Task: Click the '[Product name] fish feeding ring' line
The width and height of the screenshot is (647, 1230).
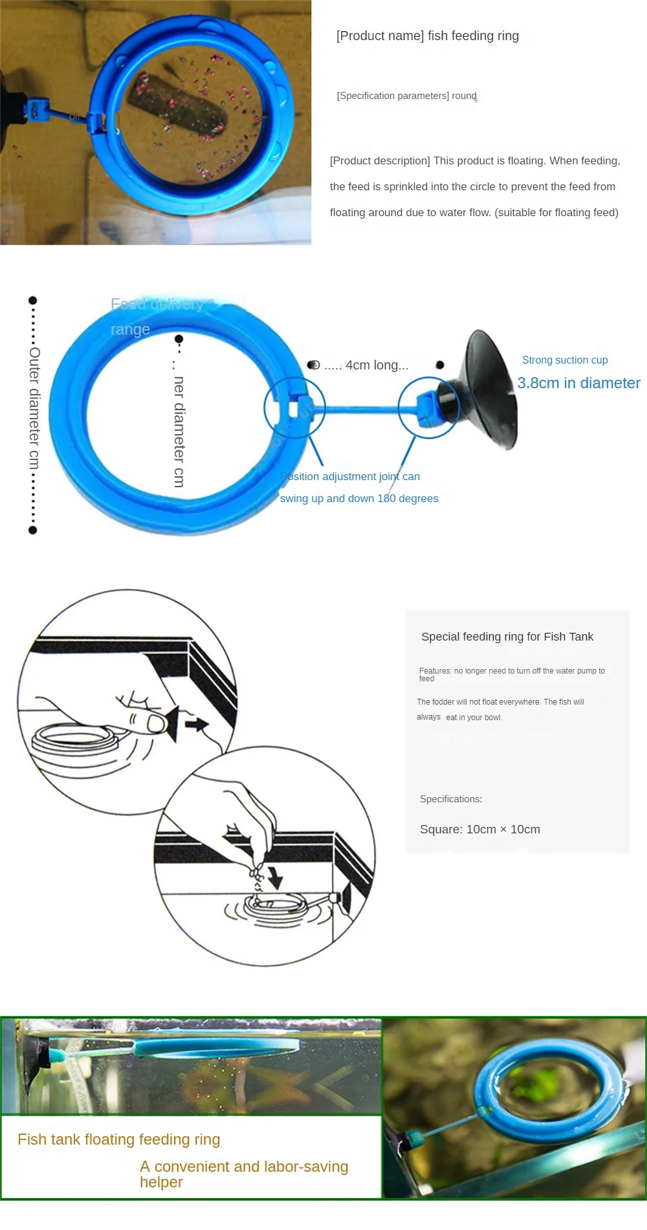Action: [x=428, y=36]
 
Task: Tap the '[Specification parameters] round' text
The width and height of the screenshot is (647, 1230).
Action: [x=406, y=96]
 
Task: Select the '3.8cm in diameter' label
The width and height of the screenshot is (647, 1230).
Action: [x=578, y=383]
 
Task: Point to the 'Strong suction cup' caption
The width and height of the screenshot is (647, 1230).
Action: [x=565, y=360]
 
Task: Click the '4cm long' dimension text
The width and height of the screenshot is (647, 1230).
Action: [x=366, y=365]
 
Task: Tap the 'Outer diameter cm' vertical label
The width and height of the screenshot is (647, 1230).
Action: [x=34, y=408]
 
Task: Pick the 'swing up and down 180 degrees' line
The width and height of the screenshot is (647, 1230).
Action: [x=359, y=498]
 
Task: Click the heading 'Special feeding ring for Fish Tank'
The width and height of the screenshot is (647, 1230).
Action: [x=507, y=637]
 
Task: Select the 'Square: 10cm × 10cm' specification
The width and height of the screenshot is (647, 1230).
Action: [x=479, y=829]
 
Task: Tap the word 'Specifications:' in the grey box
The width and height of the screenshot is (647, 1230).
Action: [x=451, y=799]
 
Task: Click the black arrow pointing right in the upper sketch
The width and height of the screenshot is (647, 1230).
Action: [x=197, y=723]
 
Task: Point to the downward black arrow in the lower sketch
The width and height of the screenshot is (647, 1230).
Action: [x=276, y=877]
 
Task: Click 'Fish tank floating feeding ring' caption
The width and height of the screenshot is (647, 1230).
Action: [x=119, y=1139]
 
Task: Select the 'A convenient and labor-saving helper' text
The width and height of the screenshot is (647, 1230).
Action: [x=243, y=1174]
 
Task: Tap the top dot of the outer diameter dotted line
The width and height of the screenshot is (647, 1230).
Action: [x=33, y=300]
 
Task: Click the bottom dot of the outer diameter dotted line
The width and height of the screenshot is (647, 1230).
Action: [x=33, y=531]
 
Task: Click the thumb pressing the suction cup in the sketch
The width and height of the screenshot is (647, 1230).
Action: [x=156, y=723]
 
